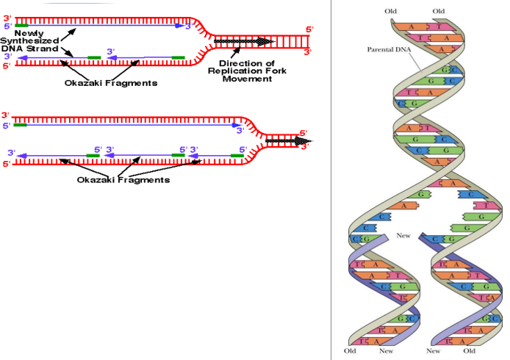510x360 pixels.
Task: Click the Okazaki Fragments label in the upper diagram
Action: (111, 83)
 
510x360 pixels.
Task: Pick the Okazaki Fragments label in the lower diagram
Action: (123, 179)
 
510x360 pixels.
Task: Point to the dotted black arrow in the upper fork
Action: (243, 40)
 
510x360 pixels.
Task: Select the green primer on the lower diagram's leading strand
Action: (19, 126)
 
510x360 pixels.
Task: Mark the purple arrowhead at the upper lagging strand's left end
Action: (19, 57)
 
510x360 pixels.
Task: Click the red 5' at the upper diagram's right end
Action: (309, 30)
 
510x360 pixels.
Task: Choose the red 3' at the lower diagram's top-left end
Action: (6, 116)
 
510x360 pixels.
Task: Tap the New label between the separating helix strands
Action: (403, 236)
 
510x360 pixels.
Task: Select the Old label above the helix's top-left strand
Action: (390, 10)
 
